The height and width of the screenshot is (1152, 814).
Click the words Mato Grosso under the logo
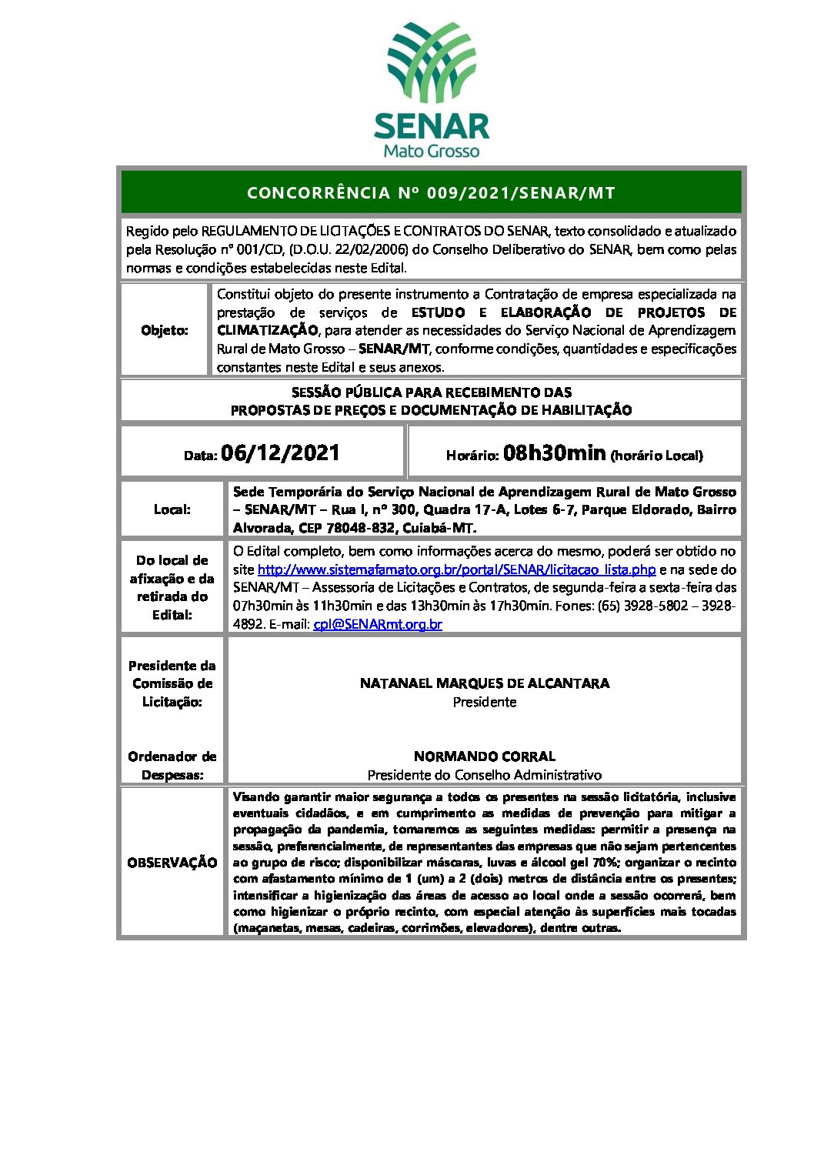[431, 151]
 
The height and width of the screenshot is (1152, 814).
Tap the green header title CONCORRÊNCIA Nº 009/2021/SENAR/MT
[431, 193]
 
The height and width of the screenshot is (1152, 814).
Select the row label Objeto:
[165, 330]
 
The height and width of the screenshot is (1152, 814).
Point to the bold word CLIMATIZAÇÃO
[267, 330]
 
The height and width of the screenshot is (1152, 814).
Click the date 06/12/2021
[280, 452]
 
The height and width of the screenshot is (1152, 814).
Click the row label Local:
[172, 509]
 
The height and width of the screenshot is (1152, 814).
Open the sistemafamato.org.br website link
[456, 569]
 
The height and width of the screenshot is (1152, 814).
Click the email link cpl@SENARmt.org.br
[378, 624]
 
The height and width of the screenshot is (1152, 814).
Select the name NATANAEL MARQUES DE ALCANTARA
[485, 683]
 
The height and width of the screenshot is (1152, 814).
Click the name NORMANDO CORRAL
[485, 756]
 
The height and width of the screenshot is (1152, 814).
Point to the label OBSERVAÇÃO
[172, 863]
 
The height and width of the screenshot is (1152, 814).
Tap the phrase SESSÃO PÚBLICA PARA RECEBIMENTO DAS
[431, 392]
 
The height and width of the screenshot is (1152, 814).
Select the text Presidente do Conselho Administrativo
[485, 775]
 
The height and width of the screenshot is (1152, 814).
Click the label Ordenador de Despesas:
[172, 766]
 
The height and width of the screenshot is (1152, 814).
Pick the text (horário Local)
[656, 456]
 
